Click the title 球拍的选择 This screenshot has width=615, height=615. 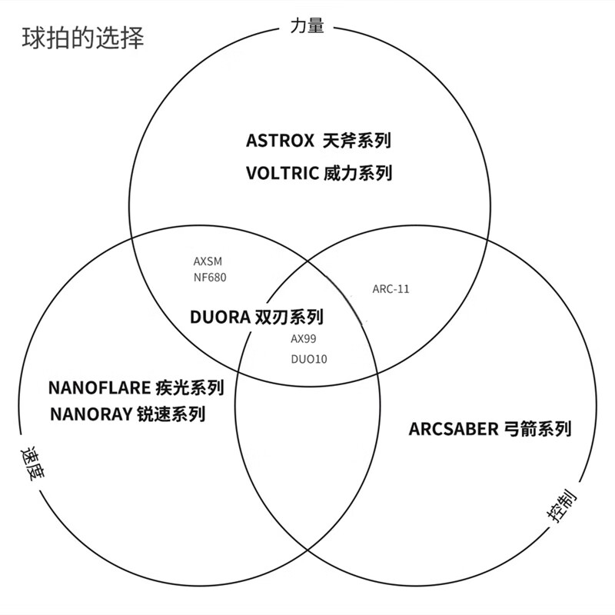coord(82,38)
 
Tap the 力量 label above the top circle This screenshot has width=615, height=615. coord(307,25)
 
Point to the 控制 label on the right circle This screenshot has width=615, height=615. coord(562,510)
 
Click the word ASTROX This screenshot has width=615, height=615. coord(280,141)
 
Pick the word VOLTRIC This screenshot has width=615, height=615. coord(281,173)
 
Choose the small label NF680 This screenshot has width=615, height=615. coord(210,277)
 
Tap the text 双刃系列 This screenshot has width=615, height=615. coord(289,317)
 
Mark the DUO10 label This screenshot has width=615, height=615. coord(308,358)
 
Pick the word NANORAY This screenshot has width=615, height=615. coord(92,414)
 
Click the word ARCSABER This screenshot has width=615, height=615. coord(454,429)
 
